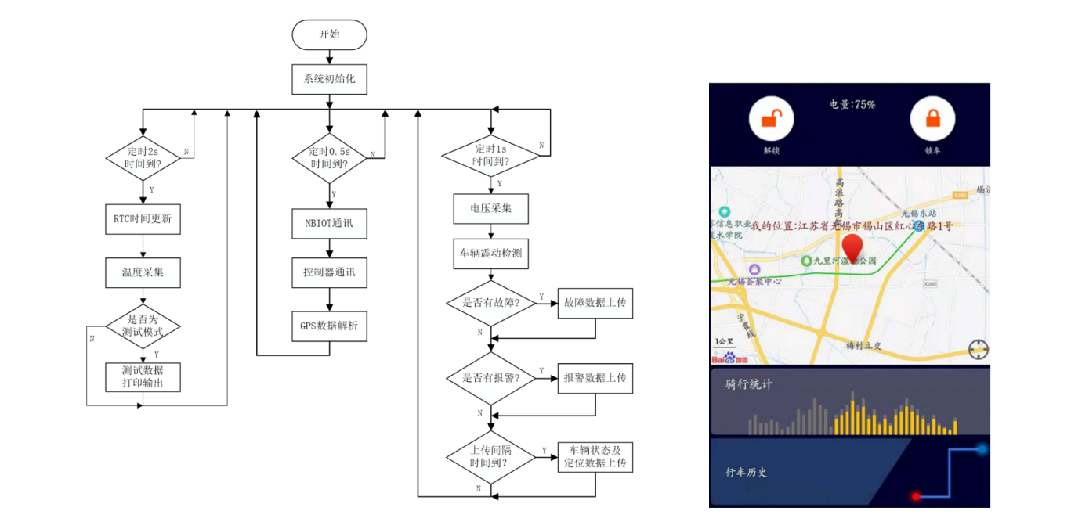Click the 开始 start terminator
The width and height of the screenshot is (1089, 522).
[329, 34]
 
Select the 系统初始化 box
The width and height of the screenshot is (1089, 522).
[329, 79]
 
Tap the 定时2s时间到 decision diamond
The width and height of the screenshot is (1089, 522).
[143, 159]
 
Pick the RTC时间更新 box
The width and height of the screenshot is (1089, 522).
[143, 219]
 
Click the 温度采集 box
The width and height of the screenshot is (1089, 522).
[143, 272]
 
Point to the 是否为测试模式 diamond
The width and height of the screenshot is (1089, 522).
[143, 326]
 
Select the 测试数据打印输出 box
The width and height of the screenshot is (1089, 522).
[143, 376]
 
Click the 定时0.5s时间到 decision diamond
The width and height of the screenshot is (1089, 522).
[329, 159]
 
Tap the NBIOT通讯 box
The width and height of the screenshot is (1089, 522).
[329, 223]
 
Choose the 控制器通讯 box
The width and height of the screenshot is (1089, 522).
[329, 272]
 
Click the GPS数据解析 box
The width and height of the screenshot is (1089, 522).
[329, 325]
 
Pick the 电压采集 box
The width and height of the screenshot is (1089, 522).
[491, 209]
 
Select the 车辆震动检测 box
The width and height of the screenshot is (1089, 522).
[491, 254]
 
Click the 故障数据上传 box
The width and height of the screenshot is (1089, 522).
[595, 303]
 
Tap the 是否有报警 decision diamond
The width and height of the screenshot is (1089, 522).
[491, 378]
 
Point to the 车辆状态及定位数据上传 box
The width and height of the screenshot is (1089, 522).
[595, 456]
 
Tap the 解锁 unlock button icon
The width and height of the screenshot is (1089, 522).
[772, 119]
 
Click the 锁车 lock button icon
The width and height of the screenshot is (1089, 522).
[932, 119]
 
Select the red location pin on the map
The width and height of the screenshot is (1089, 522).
[852, 249]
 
